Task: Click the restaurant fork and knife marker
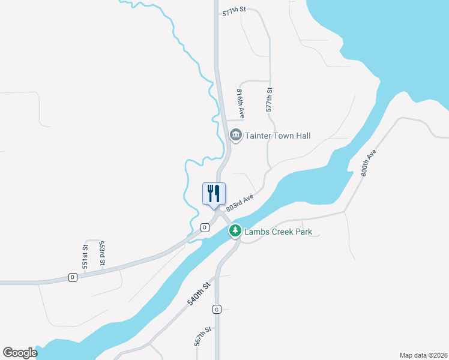click(214, 194)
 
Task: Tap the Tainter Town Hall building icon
click(235, 136)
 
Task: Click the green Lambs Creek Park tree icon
click(235, 231)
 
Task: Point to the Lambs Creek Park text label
click(278, 232)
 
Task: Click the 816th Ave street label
click(240, 103)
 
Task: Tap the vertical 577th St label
click(270, 100)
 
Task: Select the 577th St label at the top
click(235, 12)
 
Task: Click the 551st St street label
click(85, 256)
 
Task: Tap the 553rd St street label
click(102, 253)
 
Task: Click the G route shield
click(217, 309)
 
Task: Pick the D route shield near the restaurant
click(205, 227)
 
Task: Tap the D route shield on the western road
click(73, 277)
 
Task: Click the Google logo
click(20, 353)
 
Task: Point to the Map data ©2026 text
click(423, 355)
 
